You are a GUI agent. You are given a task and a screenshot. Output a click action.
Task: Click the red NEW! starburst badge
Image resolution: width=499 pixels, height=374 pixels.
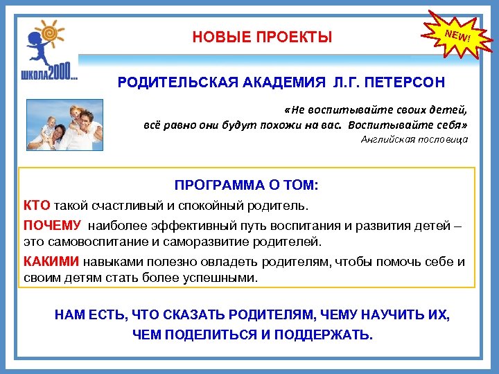click(x=457, y=34)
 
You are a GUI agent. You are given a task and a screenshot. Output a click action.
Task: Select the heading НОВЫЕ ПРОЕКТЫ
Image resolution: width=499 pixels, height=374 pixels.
click(x=262, y=37)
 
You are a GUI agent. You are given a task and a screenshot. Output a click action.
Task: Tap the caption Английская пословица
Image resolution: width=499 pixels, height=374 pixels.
click(x=414, y=139)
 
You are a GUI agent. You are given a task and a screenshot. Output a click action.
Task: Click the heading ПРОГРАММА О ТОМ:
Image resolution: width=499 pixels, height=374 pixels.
click(x=247, y=186)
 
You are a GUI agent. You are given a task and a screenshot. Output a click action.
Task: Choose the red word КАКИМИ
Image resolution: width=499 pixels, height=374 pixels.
click(x=51, y=262)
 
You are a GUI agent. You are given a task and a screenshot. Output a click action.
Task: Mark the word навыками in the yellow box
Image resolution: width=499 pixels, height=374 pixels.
click(x=110, y=262)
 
